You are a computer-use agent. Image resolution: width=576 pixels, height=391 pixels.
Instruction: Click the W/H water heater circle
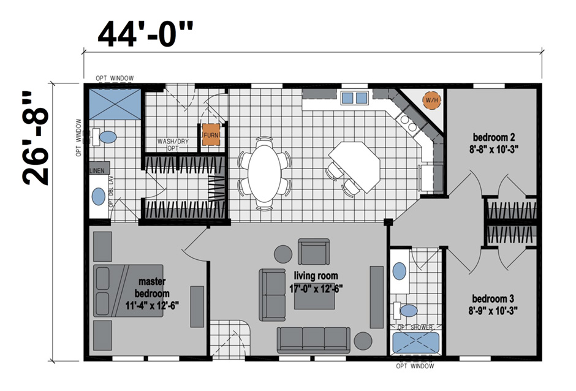point(431,99)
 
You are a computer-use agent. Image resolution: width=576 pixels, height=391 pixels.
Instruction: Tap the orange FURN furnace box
point(211,135)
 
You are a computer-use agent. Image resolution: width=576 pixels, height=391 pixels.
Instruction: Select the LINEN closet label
point(97,170)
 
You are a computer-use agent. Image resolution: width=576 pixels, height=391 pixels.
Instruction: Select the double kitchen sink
point(355,97)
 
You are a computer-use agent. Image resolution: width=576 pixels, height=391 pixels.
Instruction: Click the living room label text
point(316,282)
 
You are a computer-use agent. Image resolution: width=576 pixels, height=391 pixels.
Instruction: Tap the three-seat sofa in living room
point(313,339)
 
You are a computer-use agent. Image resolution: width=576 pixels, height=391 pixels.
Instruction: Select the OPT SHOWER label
point(416,327)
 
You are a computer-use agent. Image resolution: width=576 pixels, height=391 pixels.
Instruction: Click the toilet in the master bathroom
point(108,137)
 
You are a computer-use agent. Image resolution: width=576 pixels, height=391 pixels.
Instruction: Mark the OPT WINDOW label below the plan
point(415,366)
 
